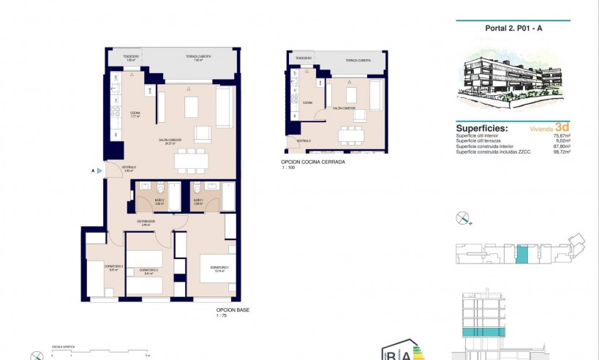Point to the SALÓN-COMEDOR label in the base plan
(170, 141)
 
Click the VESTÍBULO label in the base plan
(129, 168)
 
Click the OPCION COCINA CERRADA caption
(312, 162)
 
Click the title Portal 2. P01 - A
(513, 29)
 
